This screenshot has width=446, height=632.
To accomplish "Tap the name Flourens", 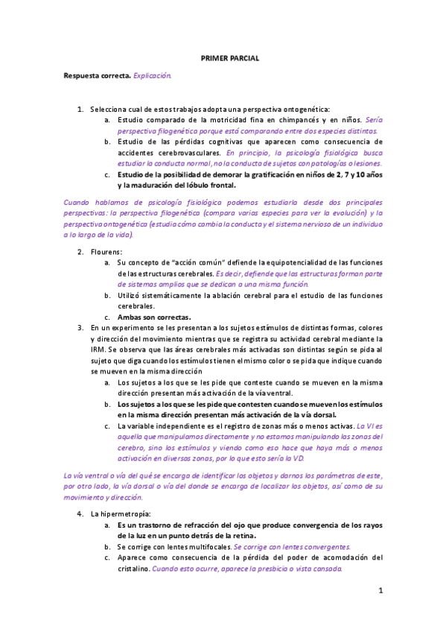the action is (106, 251).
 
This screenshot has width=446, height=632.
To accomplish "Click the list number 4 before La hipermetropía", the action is (80, 514).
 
